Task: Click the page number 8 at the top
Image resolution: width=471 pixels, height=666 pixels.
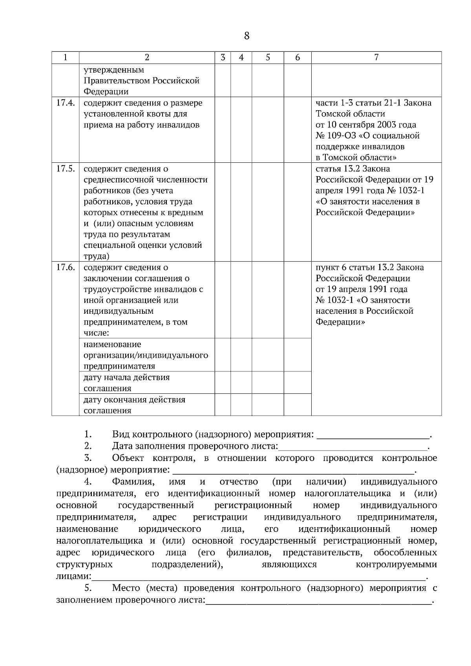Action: [246, 36]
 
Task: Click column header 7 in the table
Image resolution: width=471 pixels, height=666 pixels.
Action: [376, 58]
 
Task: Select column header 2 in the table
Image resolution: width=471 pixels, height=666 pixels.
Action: [147, 58]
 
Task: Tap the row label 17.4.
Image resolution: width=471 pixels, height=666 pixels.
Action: [65, 103]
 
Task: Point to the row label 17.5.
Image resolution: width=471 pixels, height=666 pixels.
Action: [65, 169]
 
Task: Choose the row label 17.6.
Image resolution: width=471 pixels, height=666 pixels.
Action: [65, 267]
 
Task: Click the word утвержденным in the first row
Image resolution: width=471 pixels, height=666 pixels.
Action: [114, 70]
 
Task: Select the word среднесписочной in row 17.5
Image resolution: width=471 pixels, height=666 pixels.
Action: [119, 180]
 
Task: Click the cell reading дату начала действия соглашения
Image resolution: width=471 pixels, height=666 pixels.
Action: [126, 383]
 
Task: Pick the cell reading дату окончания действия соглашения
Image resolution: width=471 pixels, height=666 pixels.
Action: [134, 405]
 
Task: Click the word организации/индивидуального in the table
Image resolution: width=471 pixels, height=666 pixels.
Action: [146, 355]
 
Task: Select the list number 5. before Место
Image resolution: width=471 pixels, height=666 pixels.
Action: [88, 588]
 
